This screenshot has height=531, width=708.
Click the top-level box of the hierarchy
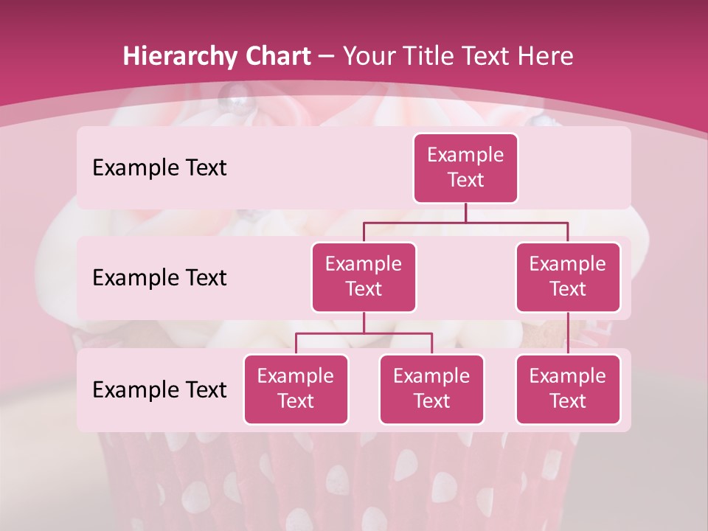[465, 168]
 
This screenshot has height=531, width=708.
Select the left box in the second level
[364, 277]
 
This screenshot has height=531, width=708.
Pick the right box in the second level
[568, 277]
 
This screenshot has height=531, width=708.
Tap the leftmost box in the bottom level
[296, 389]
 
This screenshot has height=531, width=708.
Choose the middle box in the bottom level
[431, 389]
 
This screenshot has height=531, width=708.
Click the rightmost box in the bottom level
[568, 389]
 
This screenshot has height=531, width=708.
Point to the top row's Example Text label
[159, 168]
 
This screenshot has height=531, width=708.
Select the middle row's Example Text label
[159, 278]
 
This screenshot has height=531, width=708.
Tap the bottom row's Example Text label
[159, 390]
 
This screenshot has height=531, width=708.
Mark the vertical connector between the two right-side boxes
[568, 333]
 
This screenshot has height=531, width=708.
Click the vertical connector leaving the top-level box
[465, 212]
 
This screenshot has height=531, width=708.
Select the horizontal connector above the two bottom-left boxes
[364, 333]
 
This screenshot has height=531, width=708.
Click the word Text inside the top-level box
[465, 180]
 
